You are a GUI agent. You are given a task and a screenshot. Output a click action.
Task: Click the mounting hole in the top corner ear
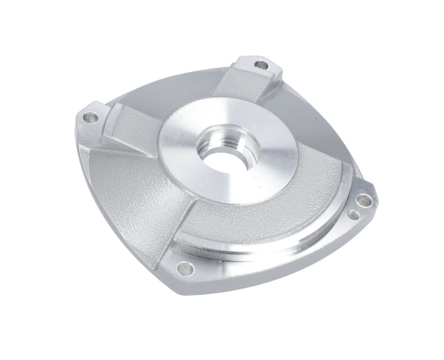tap(261, 66)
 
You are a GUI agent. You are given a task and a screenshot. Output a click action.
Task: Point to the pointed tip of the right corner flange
tap(375, 194)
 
